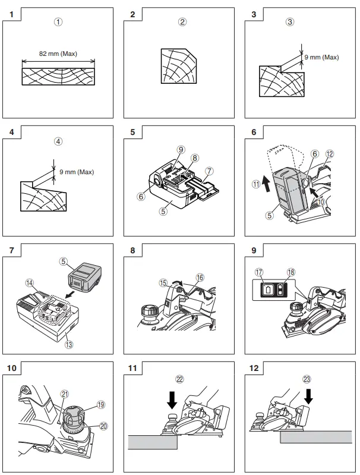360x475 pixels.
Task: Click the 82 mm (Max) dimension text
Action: tap(58, 54)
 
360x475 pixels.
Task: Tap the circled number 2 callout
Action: tap(182, 23)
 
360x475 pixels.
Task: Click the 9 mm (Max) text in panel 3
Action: tap(321, 58)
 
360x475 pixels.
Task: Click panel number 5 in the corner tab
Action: tap(133, 132)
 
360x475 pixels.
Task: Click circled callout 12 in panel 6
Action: tap(329, 154)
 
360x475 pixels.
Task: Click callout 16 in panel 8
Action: tap(200, 277)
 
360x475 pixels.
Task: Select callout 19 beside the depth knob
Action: tap(100, 404)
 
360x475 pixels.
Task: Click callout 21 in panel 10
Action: tap(64, 394)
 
